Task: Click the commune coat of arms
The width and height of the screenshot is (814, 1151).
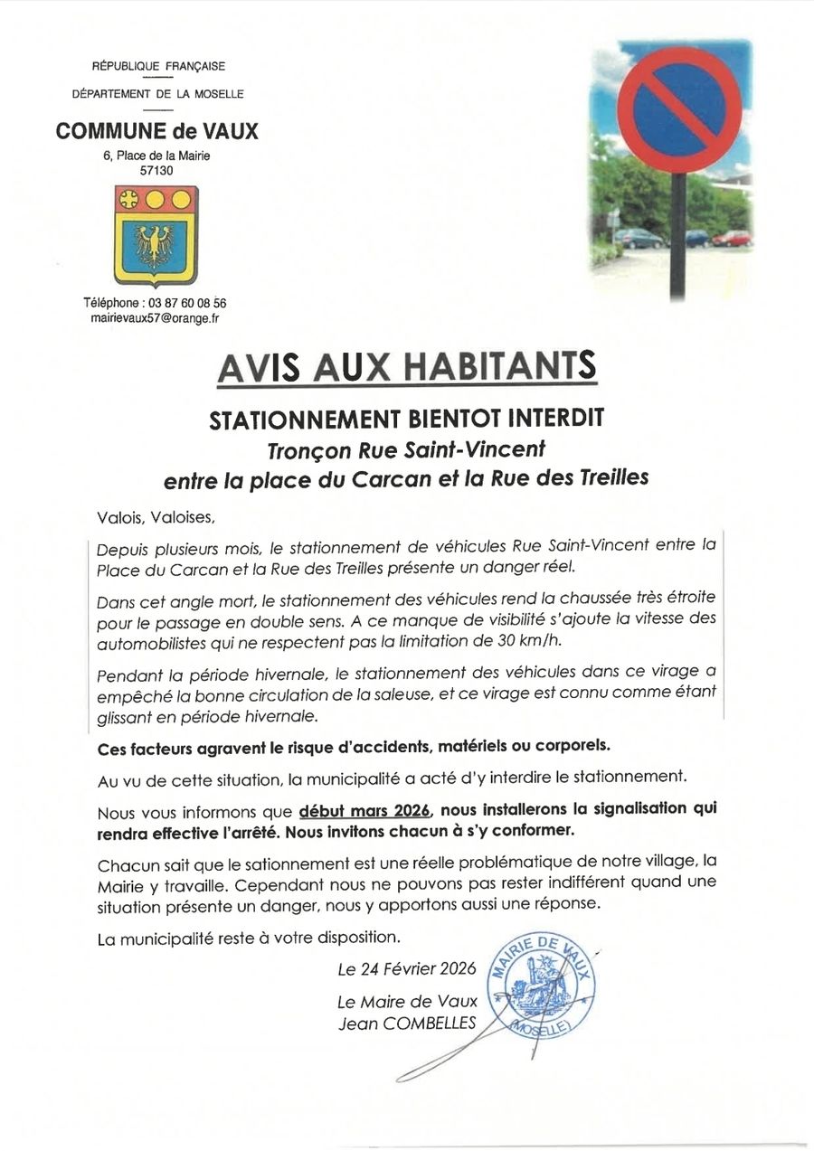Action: click(156, 235)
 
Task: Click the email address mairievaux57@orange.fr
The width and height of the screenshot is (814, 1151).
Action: click(156, 319)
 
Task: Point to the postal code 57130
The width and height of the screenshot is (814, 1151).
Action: click(156, 170)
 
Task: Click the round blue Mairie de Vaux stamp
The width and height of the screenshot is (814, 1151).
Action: click(541, 986)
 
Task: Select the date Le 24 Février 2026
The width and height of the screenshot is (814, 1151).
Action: click(407, 969)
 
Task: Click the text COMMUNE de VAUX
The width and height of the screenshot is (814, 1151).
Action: click(156, 131)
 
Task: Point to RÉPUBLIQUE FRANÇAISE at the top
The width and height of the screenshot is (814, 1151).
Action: click(157, 66)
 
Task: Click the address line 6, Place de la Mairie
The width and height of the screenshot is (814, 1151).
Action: click(156, 156)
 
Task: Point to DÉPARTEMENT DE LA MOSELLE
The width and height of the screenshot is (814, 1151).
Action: click(157, 94)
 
